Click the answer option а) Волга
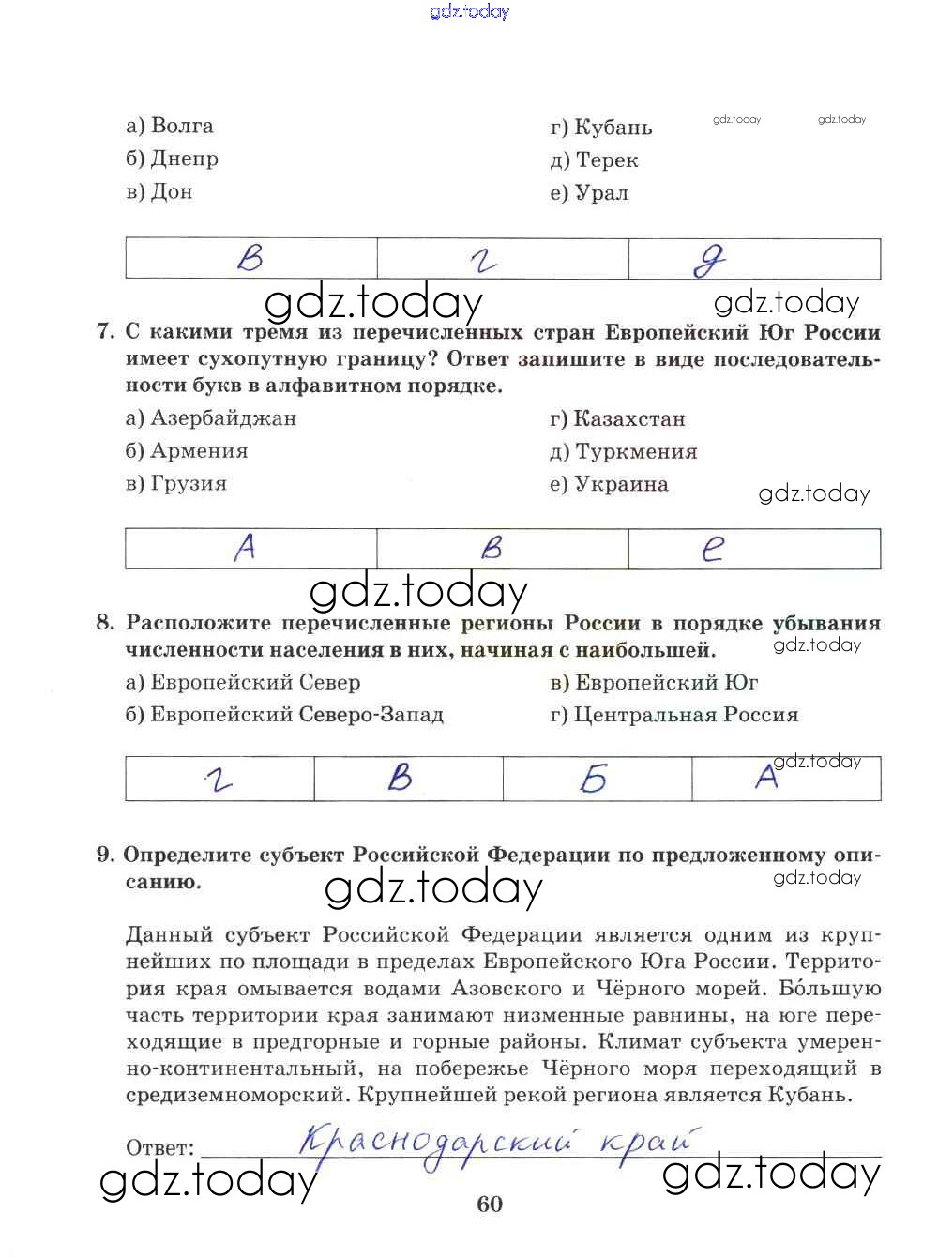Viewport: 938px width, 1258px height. (x=170, y=126)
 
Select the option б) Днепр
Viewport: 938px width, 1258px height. (x=173, y=159)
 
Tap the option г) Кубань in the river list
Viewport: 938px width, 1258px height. (x=601, y=128)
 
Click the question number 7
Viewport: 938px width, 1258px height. (x=104, y=332)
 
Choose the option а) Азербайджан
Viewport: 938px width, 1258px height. (x=211, y=418)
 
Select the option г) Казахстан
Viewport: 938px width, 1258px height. (x=617, y=419)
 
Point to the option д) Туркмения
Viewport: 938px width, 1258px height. (x=624, y=452)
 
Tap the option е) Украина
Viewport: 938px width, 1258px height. (x=609, y=485)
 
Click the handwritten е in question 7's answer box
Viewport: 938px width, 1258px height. (x=714, y=549)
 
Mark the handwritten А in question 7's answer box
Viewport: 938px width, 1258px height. (x=245, y=547)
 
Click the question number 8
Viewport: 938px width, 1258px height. (x=104, y=623)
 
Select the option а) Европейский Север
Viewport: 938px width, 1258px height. (x=243, y=683)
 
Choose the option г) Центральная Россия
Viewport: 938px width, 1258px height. (x=674, y=716)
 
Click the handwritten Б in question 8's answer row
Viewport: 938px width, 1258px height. (x=594, y=779)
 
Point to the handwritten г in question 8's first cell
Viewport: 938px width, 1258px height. (x=219, y=780)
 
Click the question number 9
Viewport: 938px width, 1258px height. (x=104, y=855)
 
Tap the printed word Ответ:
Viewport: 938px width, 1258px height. (x=159, y=1148)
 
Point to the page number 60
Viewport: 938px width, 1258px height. (x=490, y=1205)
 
